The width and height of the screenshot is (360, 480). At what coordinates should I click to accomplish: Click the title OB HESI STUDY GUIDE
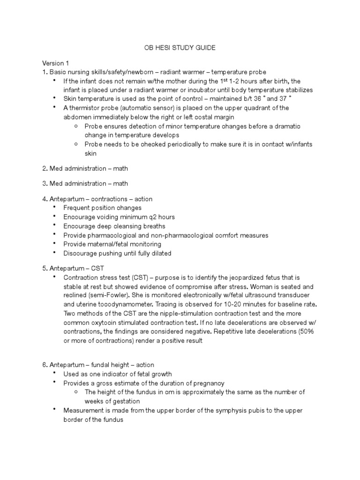[x=180, y=48]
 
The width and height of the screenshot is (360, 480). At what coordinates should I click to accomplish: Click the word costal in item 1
[x=196, y=117]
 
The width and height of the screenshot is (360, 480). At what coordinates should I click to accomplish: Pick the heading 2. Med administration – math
[x=85, y=168]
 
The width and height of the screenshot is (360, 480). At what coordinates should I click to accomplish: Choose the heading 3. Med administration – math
[x=85, y=183]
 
